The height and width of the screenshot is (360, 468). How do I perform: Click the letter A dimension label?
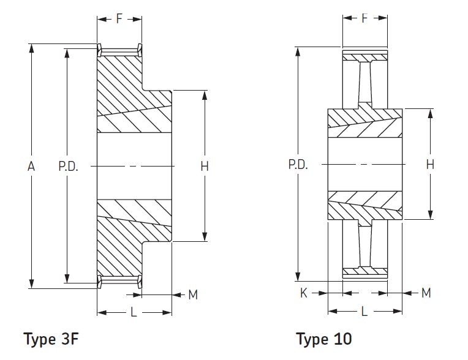(31, 166)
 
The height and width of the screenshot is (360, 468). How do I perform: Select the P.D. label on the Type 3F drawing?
(68, 166)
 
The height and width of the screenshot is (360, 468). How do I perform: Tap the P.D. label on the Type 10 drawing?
(297, 165)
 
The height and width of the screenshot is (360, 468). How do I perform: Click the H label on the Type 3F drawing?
(205, 166)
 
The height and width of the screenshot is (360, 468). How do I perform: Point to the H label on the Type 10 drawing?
(430, 164)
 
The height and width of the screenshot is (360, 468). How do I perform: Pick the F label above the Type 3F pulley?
(119, 18)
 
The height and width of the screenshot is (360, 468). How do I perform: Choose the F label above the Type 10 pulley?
(364, 18)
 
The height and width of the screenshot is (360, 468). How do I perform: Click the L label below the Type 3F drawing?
(134, 312)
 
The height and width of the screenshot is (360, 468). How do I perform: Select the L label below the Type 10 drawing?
(364, 311)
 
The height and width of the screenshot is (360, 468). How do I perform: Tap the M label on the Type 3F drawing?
(193, 295)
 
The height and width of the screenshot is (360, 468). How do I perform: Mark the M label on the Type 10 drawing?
(426, 293)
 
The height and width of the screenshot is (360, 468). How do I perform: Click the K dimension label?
(303, 293)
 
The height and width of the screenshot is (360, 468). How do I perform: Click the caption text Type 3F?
(51, 339)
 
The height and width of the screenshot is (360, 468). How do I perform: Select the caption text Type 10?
(324, 339)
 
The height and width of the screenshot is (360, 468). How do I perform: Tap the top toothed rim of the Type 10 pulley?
(364, 57)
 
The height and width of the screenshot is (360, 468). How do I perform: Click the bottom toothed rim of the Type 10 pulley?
(364, 271)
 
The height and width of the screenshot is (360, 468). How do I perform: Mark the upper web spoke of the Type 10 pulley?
(364, 83)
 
